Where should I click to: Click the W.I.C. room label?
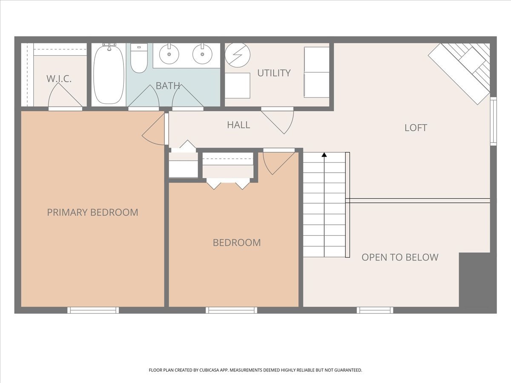click(x=59, y=79)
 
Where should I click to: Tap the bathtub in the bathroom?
click(x=109, y=74)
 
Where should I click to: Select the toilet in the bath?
click(x=139, y=58)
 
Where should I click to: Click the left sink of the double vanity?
click(x=169, y=54)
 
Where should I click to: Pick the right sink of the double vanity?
click(x=202, y=54)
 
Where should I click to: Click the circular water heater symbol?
click(x=238, y=55)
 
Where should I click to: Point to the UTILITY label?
click(x=274, y=73)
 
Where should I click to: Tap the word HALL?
click(x=238, y=125)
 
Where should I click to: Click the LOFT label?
click(x=416, y=128)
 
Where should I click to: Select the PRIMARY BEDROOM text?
click(x=93, y=212)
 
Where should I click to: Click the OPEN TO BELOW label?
click(x=400, y=257)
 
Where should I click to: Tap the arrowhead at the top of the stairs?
click(x=324, y=154)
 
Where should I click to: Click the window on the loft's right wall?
click(x=493, y=121)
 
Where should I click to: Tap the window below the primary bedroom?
click(x=93, y=310)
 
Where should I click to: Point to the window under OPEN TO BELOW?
click(x=375, y=310)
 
